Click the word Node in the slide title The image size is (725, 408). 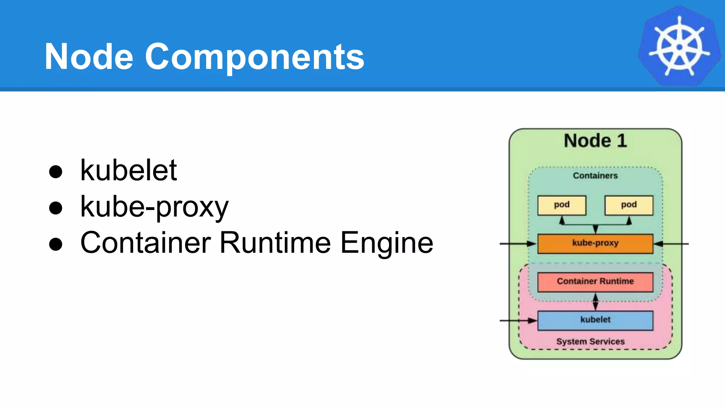[x=89, y=57]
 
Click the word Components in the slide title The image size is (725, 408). [x=255, y=57]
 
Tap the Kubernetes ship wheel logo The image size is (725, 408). [x=679, y=46]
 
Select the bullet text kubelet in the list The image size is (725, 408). [x=129, y=170]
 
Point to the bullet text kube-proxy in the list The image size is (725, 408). [x=154, y=207]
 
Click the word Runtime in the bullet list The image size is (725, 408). [x=275, y=243]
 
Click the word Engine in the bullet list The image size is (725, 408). [x=387, y=244]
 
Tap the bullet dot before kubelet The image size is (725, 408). [x=56, y=172]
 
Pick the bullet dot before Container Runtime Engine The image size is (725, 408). [x=56, y=244]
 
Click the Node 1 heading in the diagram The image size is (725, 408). [x=595, y=141]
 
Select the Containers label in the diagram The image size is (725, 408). [x=595, y=176]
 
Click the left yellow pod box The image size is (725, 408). [x=562, y=205]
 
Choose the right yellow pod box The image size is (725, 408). [x=629, y=205]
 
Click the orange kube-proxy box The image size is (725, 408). [x=595, y=244]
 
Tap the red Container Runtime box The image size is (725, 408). [x=595, y=282]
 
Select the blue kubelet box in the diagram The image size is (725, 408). [x=595, y=320]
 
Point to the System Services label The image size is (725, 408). [x=590, y=341]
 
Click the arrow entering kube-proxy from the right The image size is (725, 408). [x=671, y=244]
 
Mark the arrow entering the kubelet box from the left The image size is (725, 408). [x=519, y=321]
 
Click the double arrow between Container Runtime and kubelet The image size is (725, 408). [x=595, y=302]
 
